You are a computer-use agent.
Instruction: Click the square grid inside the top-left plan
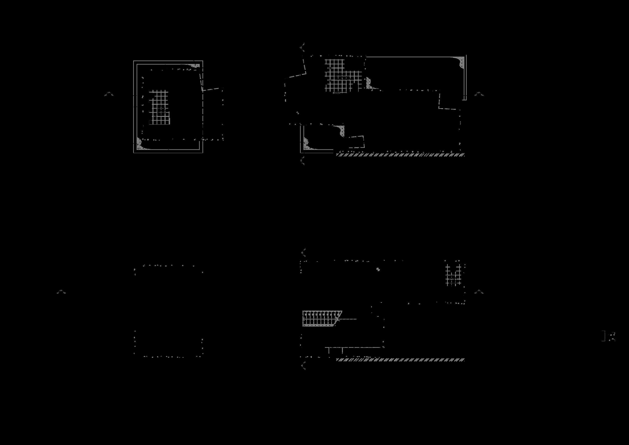point(159,107)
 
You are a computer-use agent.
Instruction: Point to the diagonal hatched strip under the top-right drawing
point(400,155)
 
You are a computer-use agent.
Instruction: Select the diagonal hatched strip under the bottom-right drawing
point(400,360)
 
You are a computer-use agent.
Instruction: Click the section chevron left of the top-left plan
point(109,94)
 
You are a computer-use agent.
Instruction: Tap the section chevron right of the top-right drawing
point(479,94)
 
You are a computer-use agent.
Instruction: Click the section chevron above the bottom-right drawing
point(303,252)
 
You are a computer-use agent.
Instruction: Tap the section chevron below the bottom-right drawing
point(303,366)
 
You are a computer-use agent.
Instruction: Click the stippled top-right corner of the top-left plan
point(196,66)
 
